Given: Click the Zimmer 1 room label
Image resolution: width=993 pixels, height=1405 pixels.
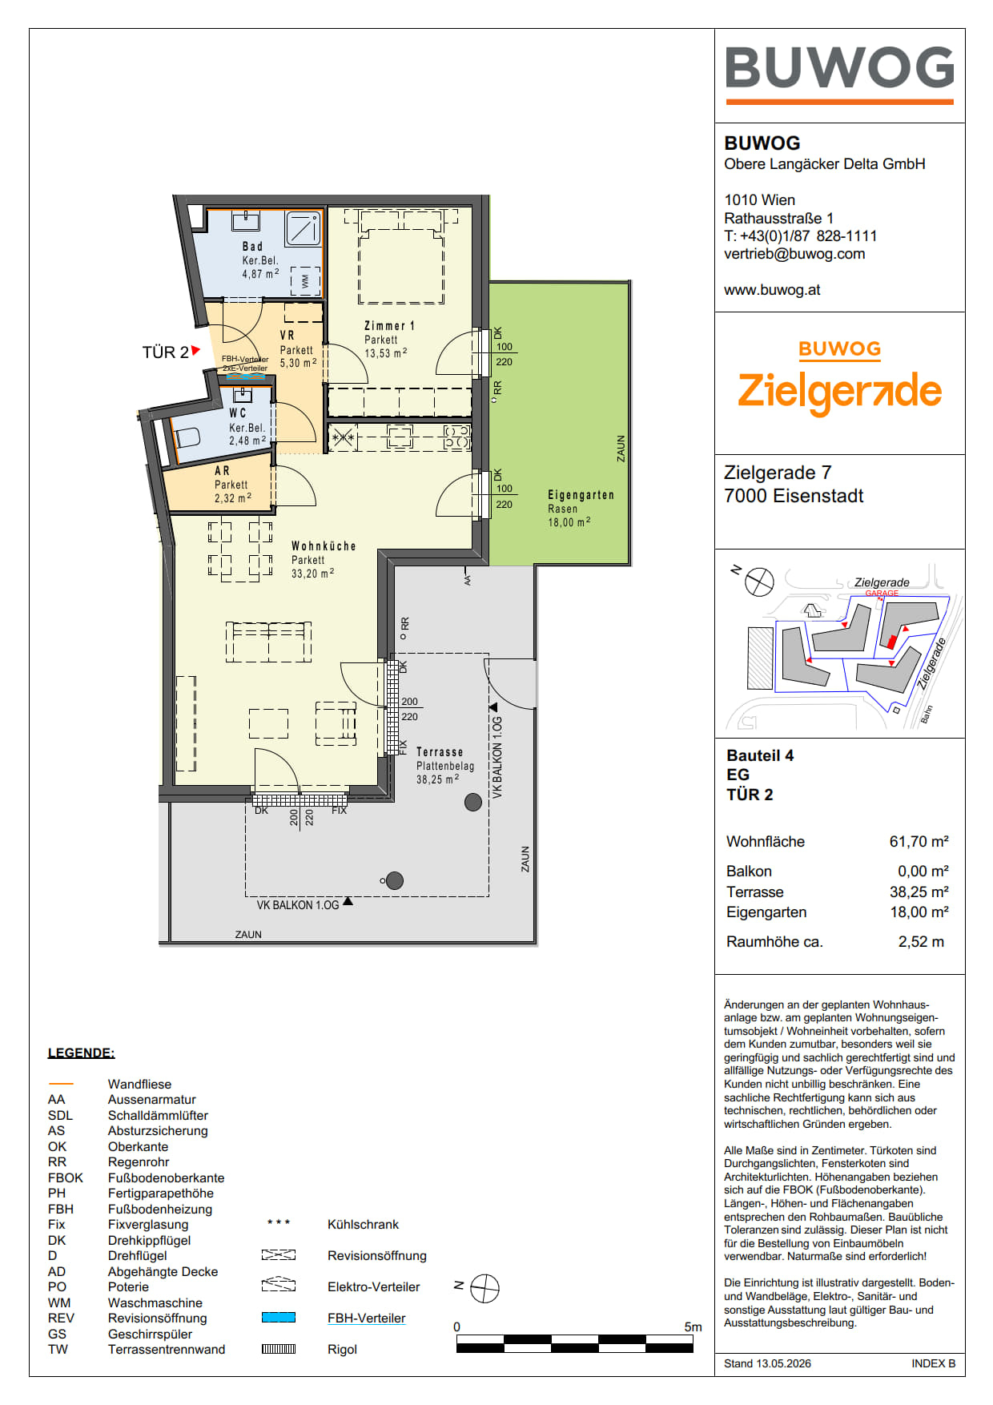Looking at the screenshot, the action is (x=389, y=326).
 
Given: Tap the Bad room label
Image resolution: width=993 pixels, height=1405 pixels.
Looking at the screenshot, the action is (x=252, y=247).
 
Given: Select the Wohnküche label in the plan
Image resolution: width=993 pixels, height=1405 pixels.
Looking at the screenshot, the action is (x=324, y=546).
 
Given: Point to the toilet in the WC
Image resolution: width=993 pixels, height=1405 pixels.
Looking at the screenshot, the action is (x=186, y=437).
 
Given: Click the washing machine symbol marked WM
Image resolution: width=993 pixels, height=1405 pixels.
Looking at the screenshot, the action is (x=305, y=281).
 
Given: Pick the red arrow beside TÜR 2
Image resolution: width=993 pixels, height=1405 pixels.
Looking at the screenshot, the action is (x=195, y=350).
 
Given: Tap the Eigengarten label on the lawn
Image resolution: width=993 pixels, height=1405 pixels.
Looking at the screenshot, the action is (x=581, y=495).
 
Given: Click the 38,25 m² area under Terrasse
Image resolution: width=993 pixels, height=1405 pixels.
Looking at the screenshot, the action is (x=437, y=779).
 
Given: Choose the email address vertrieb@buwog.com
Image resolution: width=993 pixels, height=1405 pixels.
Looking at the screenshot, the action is (x=794, y=254).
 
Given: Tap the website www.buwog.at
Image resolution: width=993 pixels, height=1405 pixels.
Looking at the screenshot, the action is (x=772, y=290).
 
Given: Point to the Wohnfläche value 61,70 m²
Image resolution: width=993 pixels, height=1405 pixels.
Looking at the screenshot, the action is (x=919, y=841).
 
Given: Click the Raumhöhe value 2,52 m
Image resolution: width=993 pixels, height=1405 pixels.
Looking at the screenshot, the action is (x=921, y=942).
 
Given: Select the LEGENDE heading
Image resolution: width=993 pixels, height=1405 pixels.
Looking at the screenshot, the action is (x=81, y=1053).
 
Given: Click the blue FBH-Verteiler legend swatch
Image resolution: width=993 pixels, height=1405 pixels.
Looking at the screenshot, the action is (x=279, y=1318).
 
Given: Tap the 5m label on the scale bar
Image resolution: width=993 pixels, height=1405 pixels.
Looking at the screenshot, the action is (x=693, y=1326).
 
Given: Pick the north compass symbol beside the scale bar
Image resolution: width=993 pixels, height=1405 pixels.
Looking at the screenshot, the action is (x=484, y=1289).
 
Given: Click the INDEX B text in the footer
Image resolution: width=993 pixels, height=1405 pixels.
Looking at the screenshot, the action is (x=933, y=1363).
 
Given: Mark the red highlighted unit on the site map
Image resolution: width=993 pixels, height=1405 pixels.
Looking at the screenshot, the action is (x=891, y=642).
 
